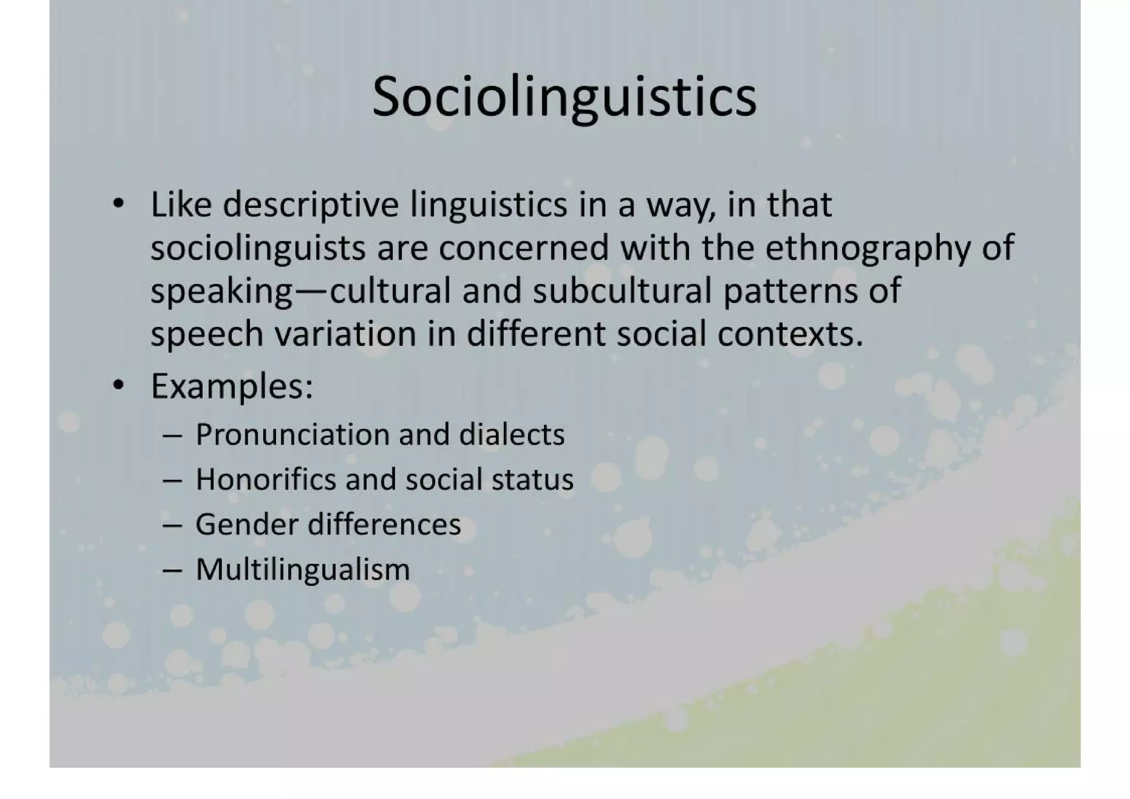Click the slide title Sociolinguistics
click(x=564, y=97)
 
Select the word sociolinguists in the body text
click(x=258, y=248)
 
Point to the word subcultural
click(x=622, y=291)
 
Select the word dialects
click(x=511, y=435)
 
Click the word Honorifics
click(x=265, y=479)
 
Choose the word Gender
click(x=247, y=524)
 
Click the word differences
click(x=384, y=524)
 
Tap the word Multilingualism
click(x=303, y=569)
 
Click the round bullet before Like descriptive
click(x=118, y=205)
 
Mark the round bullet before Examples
click(x=118, y=386)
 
